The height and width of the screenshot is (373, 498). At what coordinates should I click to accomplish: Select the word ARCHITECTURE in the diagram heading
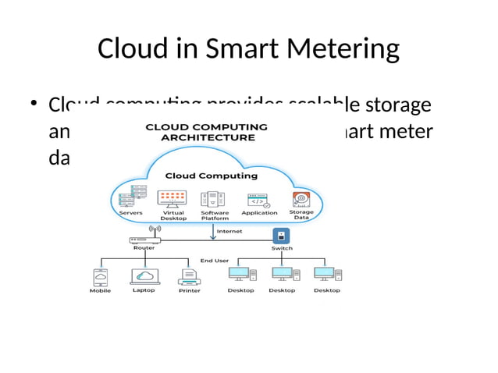coord(208,137)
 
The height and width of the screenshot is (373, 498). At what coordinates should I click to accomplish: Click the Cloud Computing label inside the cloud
coord(206,176)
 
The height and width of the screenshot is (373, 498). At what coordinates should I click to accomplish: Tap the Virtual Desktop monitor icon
coord(173,198)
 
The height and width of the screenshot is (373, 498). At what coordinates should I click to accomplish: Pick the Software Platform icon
coord(215,198)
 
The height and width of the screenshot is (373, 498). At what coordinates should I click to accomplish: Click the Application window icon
coord(259,200)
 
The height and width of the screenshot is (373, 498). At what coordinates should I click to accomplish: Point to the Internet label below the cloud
coord(229,231)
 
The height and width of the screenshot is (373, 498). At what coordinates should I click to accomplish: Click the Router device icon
coord(144,240)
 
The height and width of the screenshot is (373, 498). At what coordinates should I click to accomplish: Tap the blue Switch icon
coord(282,236)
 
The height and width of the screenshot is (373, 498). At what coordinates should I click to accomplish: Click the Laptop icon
coord(144,276)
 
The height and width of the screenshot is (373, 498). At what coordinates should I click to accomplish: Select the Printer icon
coord(189,276)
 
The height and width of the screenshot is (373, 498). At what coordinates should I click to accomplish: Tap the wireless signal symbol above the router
coord(155,230)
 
